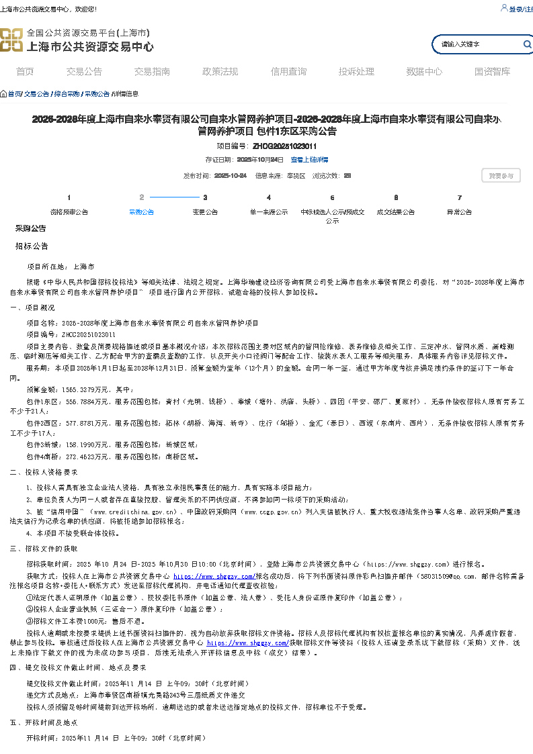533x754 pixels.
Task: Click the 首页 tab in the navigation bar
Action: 25,72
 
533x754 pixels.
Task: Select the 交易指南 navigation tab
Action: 152,72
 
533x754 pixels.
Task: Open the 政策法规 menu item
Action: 220,72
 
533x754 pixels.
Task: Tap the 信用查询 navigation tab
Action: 288,72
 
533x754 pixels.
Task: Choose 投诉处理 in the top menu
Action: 356,72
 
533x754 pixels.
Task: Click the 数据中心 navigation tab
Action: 424,72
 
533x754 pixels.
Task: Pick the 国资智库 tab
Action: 492,72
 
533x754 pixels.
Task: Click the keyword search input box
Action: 477,45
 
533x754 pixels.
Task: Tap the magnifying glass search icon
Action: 528,44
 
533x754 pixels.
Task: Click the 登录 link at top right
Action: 515,9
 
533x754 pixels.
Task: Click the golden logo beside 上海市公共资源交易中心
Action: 11,40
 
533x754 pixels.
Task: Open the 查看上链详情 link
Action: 309,160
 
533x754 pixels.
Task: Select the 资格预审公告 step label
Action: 69,212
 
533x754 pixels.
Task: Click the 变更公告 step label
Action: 205,212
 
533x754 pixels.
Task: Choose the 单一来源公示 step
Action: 269,212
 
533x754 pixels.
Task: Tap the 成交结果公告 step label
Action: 396,212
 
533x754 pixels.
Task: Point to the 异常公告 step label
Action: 459,212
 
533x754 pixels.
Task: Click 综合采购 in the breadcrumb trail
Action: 67,94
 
